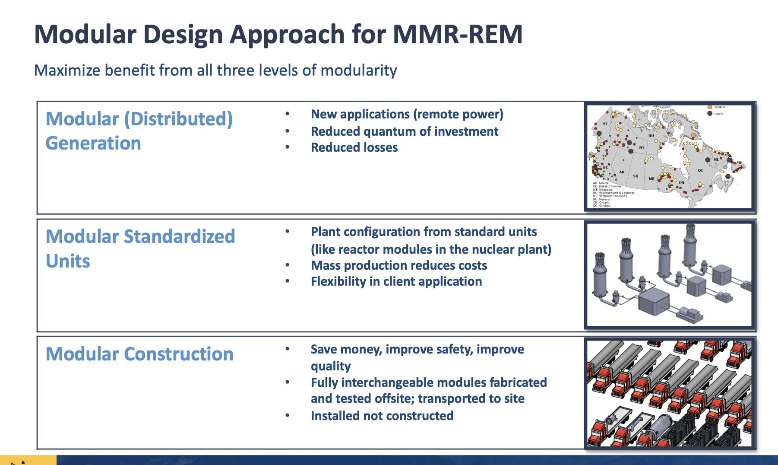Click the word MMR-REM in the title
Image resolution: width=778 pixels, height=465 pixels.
click(457, 35)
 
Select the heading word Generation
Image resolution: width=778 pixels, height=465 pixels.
click(93, 143)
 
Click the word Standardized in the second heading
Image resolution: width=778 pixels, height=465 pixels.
click(179, 237)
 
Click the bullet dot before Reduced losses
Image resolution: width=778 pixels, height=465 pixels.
click(288, 147)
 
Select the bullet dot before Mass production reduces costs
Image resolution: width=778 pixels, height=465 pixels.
click(288, 265)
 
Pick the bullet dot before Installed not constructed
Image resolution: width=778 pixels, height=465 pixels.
click(288, 416)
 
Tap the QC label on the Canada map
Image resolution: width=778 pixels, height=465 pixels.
click(700, 171)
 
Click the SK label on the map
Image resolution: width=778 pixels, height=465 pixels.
click(636, 176)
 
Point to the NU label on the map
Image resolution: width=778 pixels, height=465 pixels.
click(651, 136)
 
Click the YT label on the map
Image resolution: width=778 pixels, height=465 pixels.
click(605, 124)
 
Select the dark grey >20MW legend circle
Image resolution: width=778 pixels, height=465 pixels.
click(710, 114)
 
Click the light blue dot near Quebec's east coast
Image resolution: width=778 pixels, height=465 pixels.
click(725, 167)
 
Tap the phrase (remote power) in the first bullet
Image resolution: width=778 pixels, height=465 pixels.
click(458, 115)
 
